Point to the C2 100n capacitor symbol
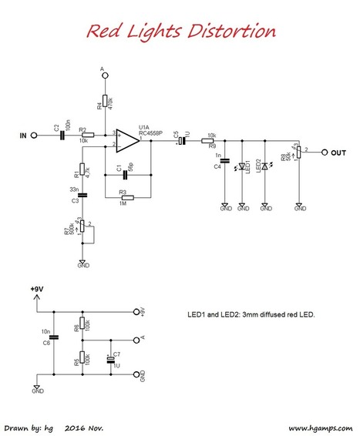click(62, 136)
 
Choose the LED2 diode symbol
click(265, 166)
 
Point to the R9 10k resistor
click(207, 142)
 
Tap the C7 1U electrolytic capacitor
click(109, 357)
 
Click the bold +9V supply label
click(36, 289)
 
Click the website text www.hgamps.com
click(318, 426)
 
